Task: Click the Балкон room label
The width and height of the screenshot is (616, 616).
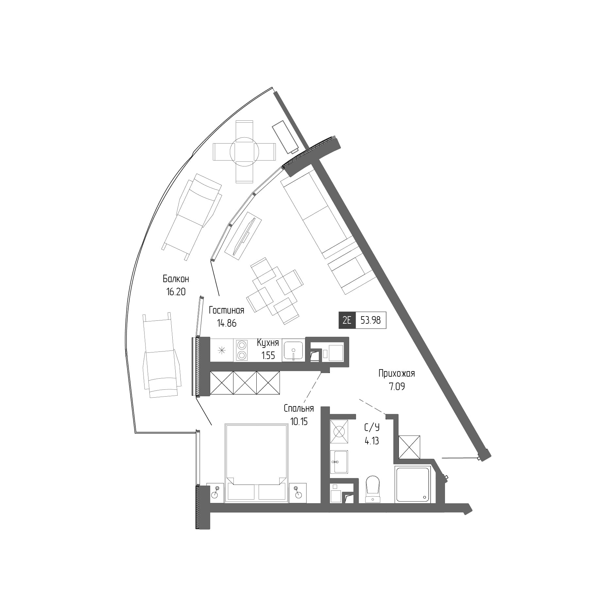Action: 176,279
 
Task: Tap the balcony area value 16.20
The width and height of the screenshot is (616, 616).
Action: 176,291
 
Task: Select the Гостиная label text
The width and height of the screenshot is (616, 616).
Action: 226,310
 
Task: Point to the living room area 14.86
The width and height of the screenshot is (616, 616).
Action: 226,323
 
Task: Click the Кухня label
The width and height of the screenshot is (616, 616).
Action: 268,343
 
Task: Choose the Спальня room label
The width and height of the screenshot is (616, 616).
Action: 299,408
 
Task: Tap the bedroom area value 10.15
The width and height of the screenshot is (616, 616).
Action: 299,421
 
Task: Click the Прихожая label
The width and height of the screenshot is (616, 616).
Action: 397,373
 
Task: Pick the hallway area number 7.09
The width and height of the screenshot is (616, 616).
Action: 397,386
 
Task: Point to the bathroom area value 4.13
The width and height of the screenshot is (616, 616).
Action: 372,441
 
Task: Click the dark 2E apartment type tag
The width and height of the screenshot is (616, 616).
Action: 347,320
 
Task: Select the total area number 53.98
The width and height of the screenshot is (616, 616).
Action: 370,320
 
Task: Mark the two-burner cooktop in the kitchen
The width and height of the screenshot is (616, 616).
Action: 241,350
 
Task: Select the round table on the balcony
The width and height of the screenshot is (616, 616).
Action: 244,152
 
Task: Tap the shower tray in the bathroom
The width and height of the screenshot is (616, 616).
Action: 412,485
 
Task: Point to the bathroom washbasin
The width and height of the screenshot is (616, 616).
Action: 339,462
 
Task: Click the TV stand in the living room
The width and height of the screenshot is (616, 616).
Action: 243,235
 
